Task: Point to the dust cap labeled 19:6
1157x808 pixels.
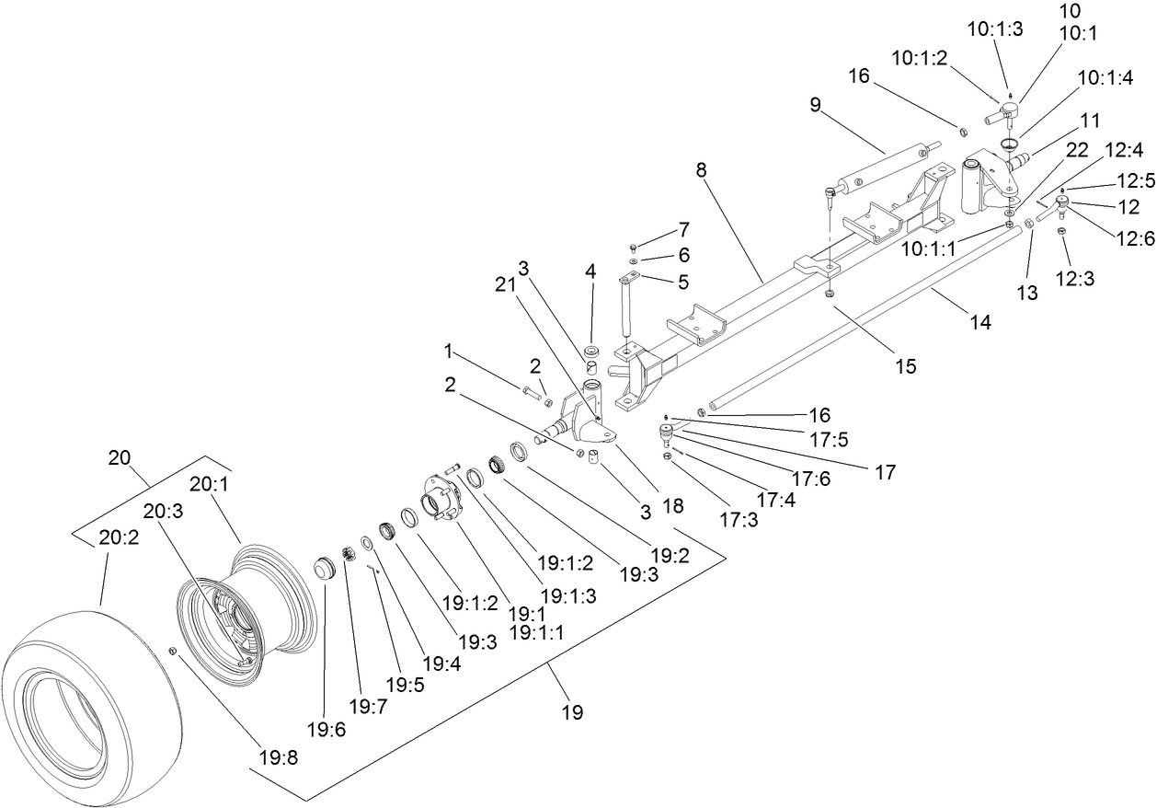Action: click(325, 568)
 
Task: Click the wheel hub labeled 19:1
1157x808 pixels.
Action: click(441, 498)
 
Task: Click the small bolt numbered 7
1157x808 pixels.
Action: click(634, 248)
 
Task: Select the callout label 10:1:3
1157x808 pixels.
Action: click(994, 29)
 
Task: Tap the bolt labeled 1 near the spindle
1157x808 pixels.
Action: click(532, 392)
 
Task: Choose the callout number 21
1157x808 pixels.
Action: click(504, 286)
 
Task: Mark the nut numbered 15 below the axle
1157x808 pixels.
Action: click(829, 294)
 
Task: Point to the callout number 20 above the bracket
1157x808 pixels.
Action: click(120, 457)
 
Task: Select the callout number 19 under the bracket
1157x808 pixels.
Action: click(572, 711)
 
